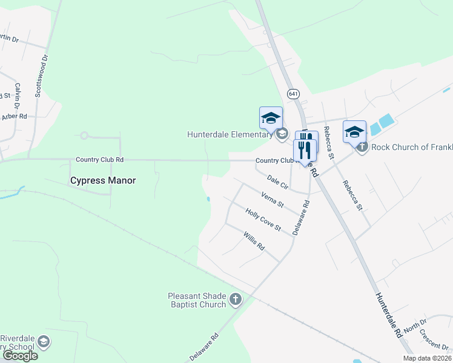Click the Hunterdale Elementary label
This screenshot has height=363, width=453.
(230, 134)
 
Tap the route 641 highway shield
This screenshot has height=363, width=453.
(293, 94)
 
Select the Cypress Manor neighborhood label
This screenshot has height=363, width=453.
(103, 180)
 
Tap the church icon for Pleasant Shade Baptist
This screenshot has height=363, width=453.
(235, 299)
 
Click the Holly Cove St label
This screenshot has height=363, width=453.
(263, 219)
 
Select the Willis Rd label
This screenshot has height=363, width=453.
(254, 241)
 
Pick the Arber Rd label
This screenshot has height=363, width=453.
(15, 116)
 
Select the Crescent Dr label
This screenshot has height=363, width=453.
(436, 342)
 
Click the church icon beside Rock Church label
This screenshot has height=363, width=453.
(362, 146)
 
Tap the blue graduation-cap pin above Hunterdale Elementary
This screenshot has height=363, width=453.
(271, 117)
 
